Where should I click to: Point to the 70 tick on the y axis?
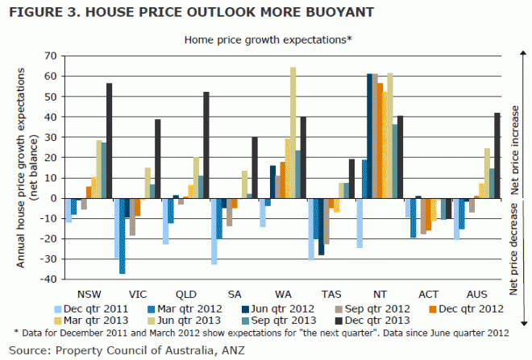click(51, 56)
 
